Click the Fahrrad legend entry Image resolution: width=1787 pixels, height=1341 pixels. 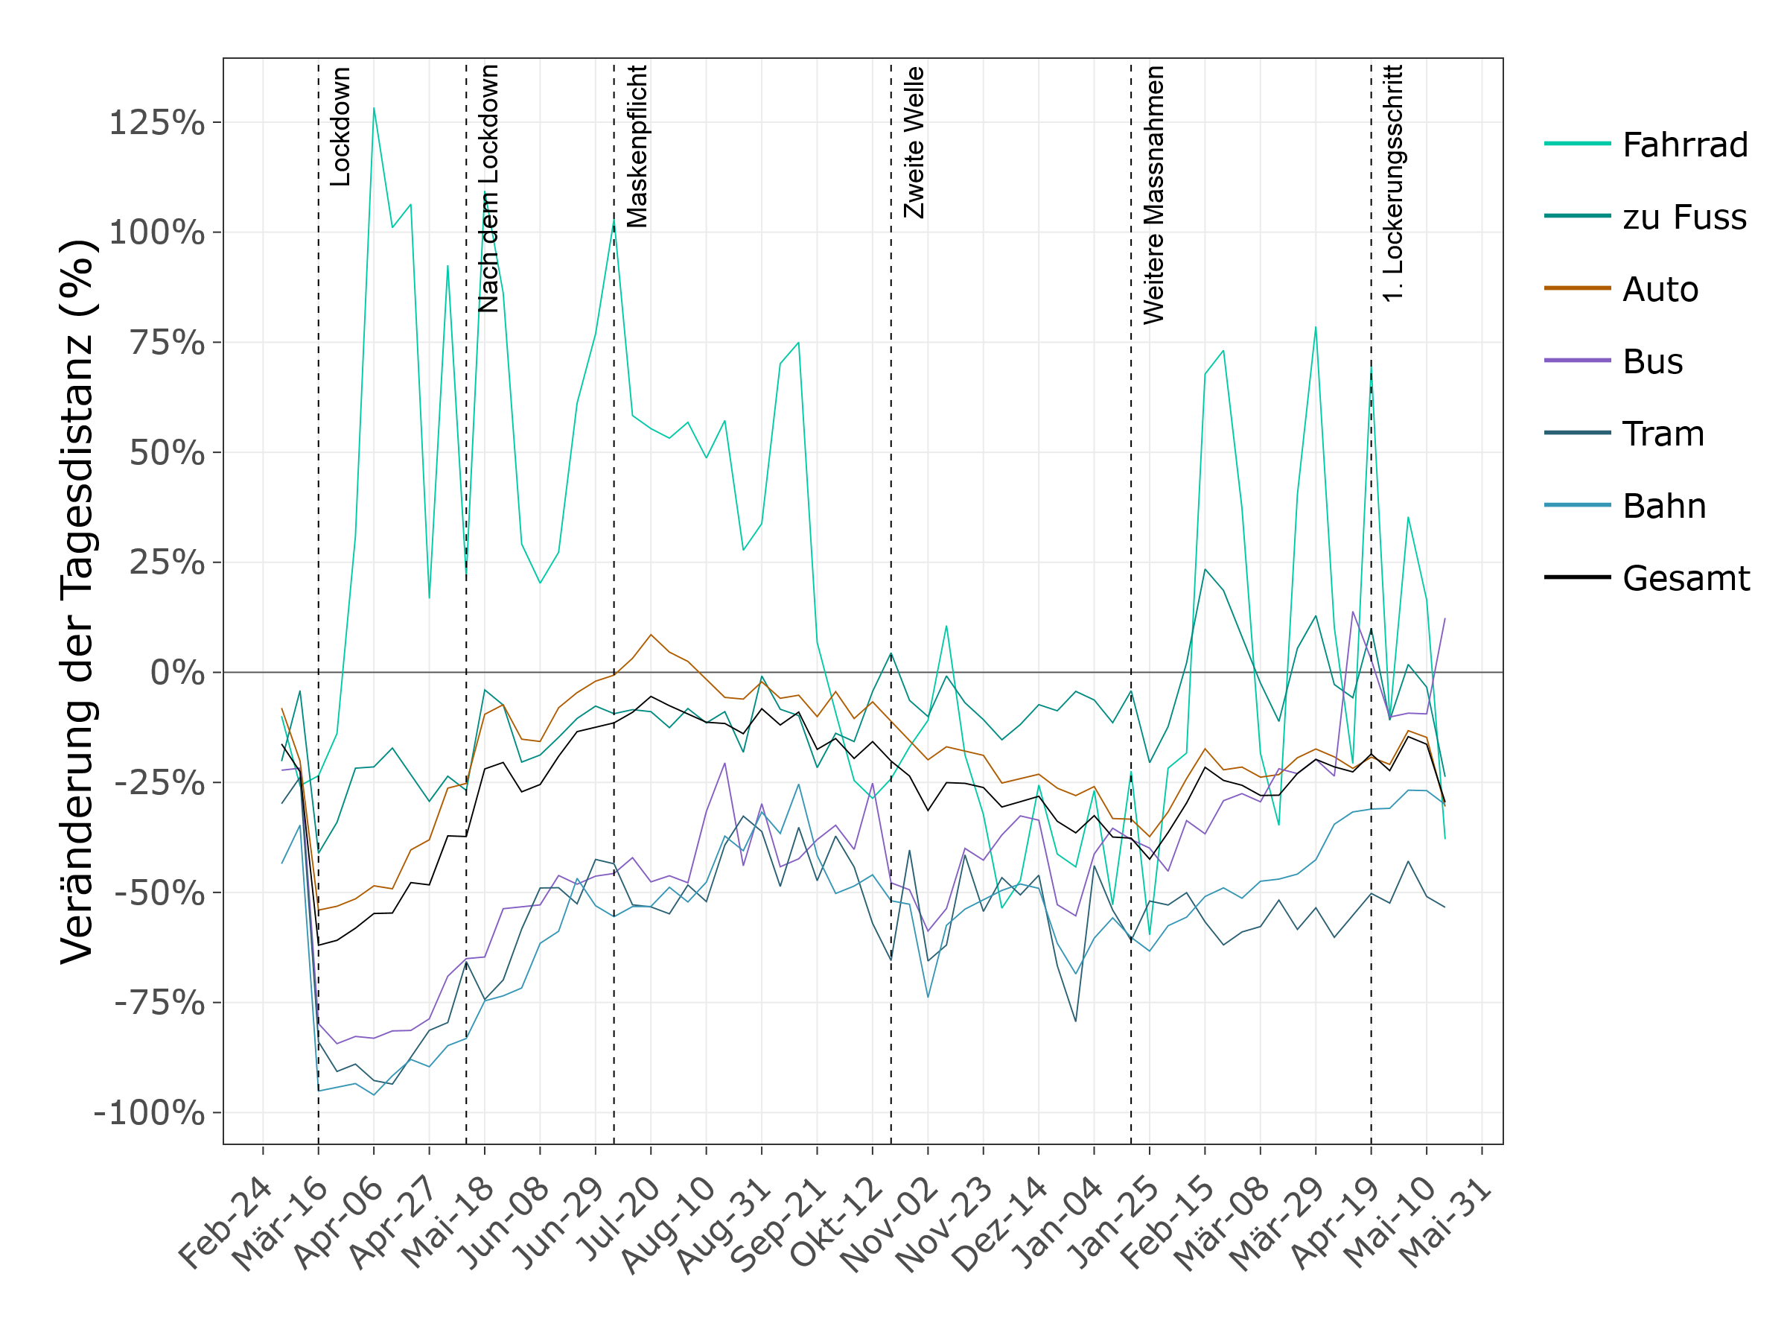pyautogui.click(x=1684, y=145)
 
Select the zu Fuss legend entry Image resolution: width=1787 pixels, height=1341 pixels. pyautogui.click(x=1684, y=218)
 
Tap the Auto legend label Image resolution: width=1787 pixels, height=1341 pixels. pyautogui.click(x=1660, y=289)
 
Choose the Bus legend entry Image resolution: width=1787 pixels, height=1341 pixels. pyautogui.click(x=1653, y=361)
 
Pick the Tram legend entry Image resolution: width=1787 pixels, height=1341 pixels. pyautogui.click(x=1663, y=434)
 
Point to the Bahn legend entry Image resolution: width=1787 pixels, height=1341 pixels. pyautogui.click(x=1664, y=506)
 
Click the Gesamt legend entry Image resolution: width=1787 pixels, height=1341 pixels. pyautogui.click(x=1685, y=579)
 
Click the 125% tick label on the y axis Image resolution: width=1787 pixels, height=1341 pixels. pyautogui.click(x=156, y=123)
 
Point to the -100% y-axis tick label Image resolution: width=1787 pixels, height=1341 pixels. pyautogui.click(x=150, y=1113)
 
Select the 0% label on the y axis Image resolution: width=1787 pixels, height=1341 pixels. pyautogui.click(x=178, y=673)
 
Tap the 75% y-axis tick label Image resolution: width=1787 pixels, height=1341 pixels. pyautogui.click(x=168, y=343)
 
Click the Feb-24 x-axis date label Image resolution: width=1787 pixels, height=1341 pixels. pyautogui.click(x=226, y=1223)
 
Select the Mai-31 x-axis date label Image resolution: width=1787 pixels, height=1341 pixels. pyautogui.click(x=1446, y=1223)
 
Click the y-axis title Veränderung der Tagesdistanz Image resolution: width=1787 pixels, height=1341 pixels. pyautogui.click(x=79, y=601)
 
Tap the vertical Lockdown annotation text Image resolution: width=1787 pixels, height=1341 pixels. pyautogui.click(x=341, y=127)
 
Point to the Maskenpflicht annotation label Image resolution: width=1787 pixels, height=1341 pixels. pyautogui.click(x=637, y=146)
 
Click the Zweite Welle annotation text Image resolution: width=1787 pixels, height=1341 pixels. pyautogui.click(x=914, y=142)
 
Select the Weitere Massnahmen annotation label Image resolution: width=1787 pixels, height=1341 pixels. pyautogui.click(x=1153, y=196)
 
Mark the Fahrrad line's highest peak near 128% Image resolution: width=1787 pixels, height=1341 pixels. pyautogui.click(x=373, y=108)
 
